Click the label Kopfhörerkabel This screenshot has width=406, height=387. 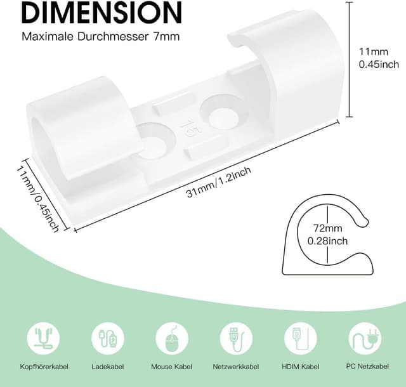[44, 366]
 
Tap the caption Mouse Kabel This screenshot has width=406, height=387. [172, 366]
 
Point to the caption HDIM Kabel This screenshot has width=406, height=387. [300, 366]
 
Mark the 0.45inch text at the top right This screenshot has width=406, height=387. [379, 64]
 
